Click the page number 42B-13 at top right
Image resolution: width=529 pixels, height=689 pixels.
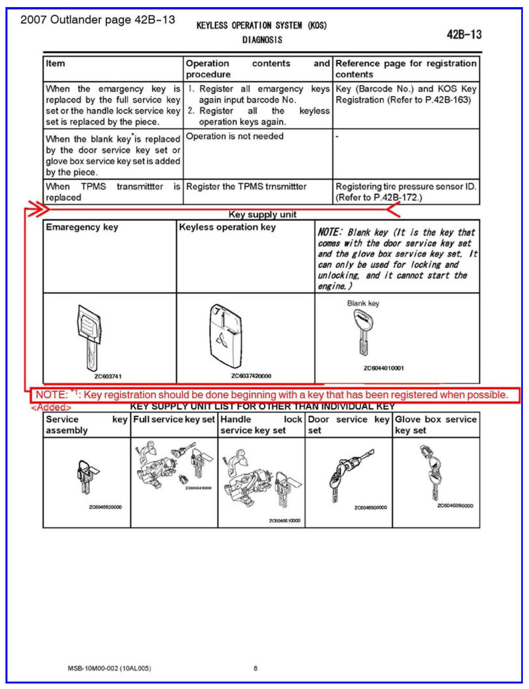coord(464,34)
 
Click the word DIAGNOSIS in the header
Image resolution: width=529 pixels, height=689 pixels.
coord(262,40)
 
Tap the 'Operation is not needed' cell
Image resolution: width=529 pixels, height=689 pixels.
coord(235,136)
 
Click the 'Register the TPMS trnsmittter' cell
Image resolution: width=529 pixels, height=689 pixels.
coord(246,187)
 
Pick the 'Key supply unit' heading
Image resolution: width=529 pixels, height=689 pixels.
coord(262,214)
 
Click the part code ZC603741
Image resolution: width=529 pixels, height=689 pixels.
coord(108,376)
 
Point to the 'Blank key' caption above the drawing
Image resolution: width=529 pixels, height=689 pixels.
coord(363,303)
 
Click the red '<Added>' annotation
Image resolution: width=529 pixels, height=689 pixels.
coord(51,407)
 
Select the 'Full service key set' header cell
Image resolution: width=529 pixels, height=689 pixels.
coord(174,419)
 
